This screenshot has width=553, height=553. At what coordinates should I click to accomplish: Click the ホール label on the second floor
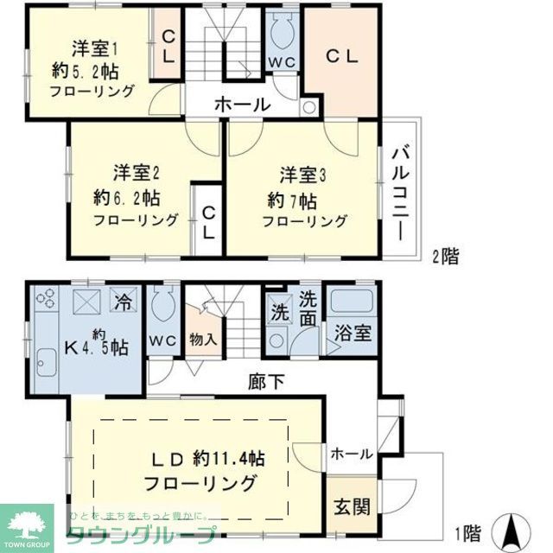(x=242, y=105)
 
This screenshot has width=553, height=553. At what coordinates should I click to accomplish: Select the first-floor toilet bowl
(x=162, y=306)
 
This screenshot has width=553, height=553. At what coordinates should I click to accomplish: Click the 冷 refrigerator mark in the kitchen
(x=124, y=304)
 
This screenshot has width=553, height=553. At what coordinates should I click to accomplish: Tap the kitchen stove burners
(x=46, y=303)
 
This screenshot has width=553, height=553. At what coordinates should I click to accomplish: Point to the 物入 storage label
(x=203, y=340)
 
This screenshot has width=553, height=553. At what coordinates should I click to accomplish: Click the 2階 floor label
(x=447, y=256)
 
